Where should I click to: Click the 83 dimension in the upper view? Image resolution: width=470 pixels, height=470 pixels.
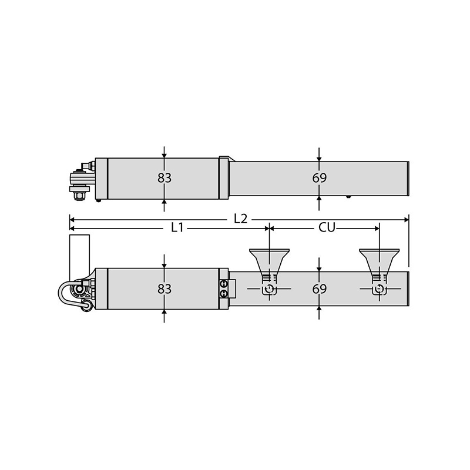point(164,178)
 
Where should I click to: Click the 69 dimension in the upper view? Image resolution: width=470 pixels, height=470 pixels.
point(319,178)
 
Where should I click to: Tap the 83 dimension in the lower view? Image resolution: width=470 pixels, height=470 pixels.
point(164,288)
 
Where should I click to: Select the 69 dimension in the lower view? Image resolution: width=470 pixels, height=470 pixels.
point(319,289)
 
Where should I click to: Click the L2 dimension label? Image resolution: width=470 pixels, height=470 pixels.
point(240,218)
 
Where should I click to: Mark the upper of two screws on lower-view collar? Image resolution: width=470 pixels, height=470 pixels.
point(224,284)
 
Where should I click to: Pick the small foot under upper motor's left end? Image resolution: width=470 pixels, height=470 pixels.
point(99,200)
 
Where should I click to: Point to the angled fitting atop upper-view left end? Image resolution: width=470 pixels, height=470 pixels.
point(86,167)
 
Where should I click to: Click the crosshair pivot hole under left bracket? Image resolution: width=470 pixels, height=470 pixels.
point(269,290)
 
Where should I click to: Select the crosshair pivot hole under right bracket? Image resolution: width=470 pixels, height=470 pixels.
point(380,290)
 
